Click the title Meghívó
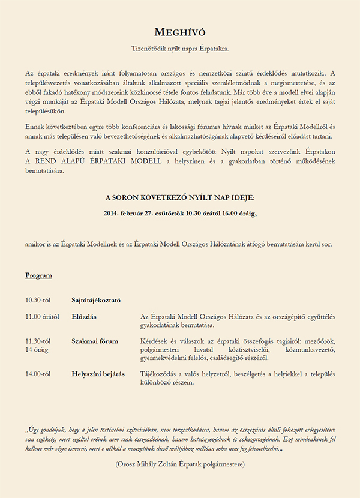180,32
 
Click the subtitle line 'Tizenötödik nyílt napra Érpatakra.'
180,48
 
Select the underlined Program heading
38,275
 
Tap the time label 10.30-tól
38,299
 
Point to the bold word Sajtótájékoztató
96,299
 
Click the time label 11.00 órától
41,316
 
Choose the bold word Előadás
84,316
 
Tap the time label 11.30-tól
38,341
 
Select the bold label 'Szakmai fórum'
95,341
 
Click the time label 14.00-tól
38,374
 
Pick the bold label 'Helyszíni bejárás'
98,374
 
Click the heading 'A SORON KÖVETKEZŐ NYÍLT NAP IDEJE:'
180,197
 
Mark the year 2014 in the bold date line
112,212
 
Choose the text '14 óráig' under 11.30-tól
37,349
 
